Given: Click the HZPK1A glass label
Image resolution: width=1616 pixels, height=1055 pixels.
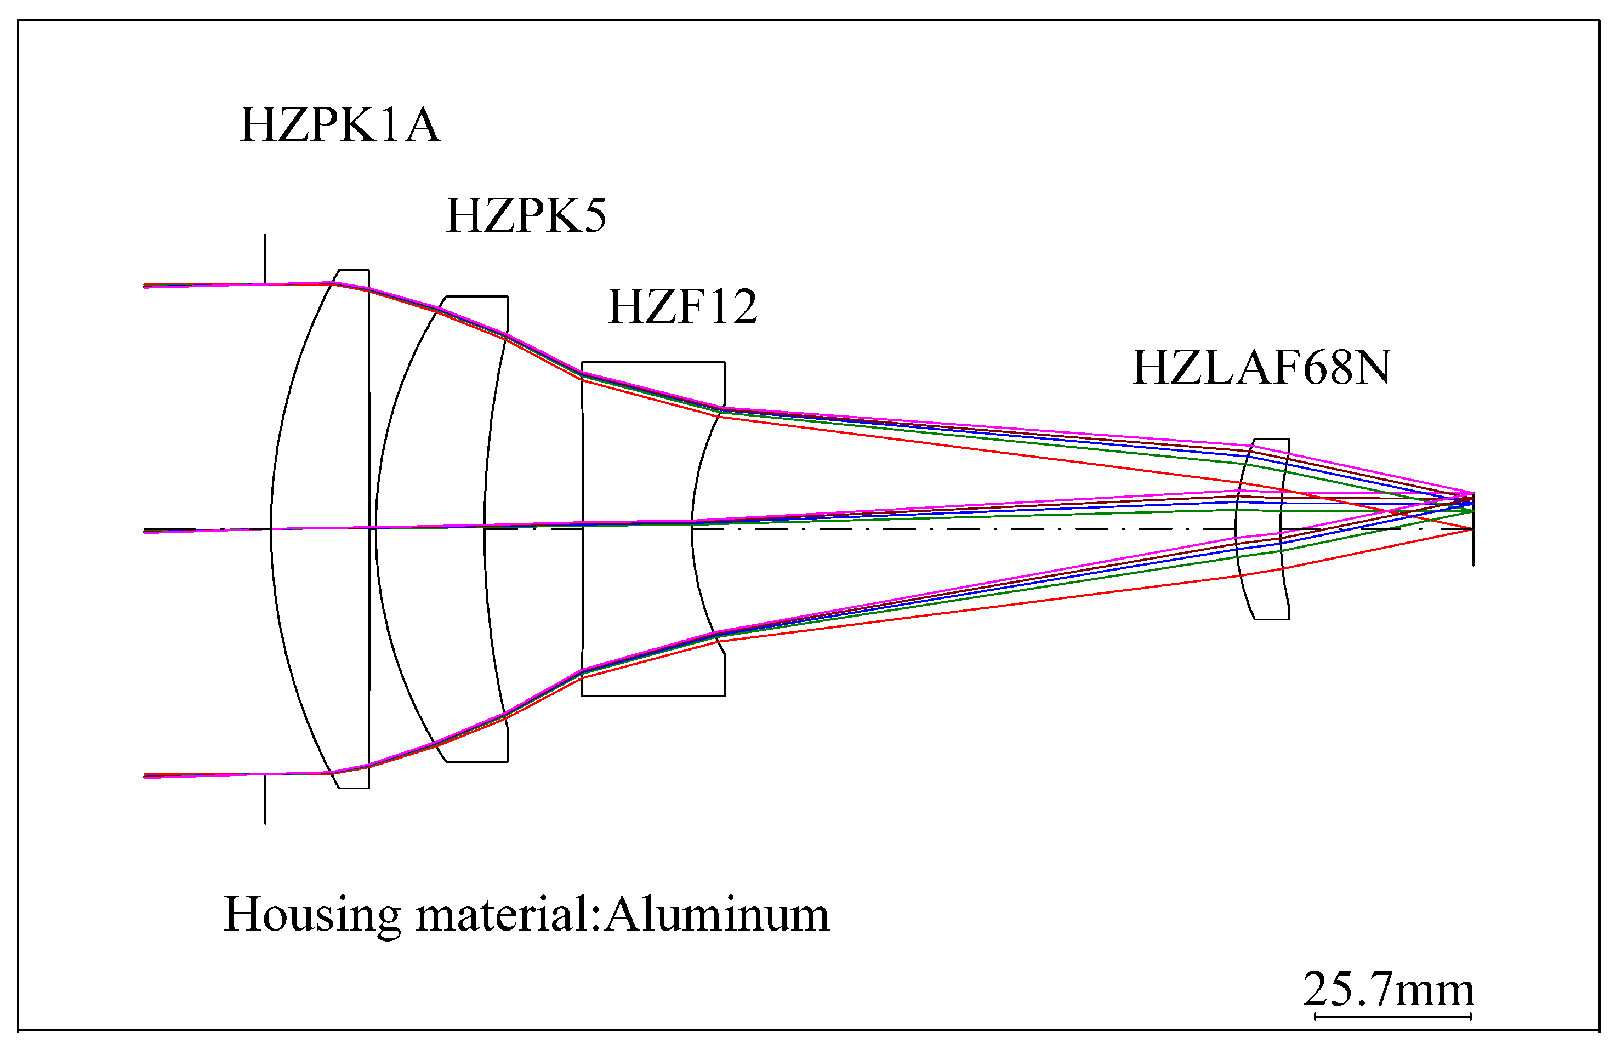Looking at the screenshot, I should [339, 126].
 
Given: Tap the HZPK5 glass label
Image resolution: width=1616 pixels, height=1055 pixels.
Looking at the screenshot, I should [526, 216].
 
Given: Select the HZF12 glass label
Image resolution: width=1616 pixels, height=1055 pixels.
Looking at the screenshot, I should [682, 307].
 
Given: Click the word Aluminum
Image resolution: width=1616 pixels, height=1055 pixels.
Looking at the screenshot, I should [716, 915].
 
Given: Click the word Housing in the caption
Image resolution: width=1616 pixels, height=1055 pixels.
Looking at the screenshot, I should [312, 915].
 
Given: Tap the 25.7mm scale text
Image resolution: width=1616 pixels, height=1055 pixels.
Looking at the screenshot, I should [1389, 989].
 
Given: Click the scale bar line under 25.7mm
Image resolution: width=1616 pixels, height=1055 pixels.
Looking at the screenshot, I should [1392, 1016].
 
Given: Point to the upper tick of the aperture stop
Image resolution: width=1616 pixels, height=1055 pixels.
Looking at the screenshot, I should [265, 258].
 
